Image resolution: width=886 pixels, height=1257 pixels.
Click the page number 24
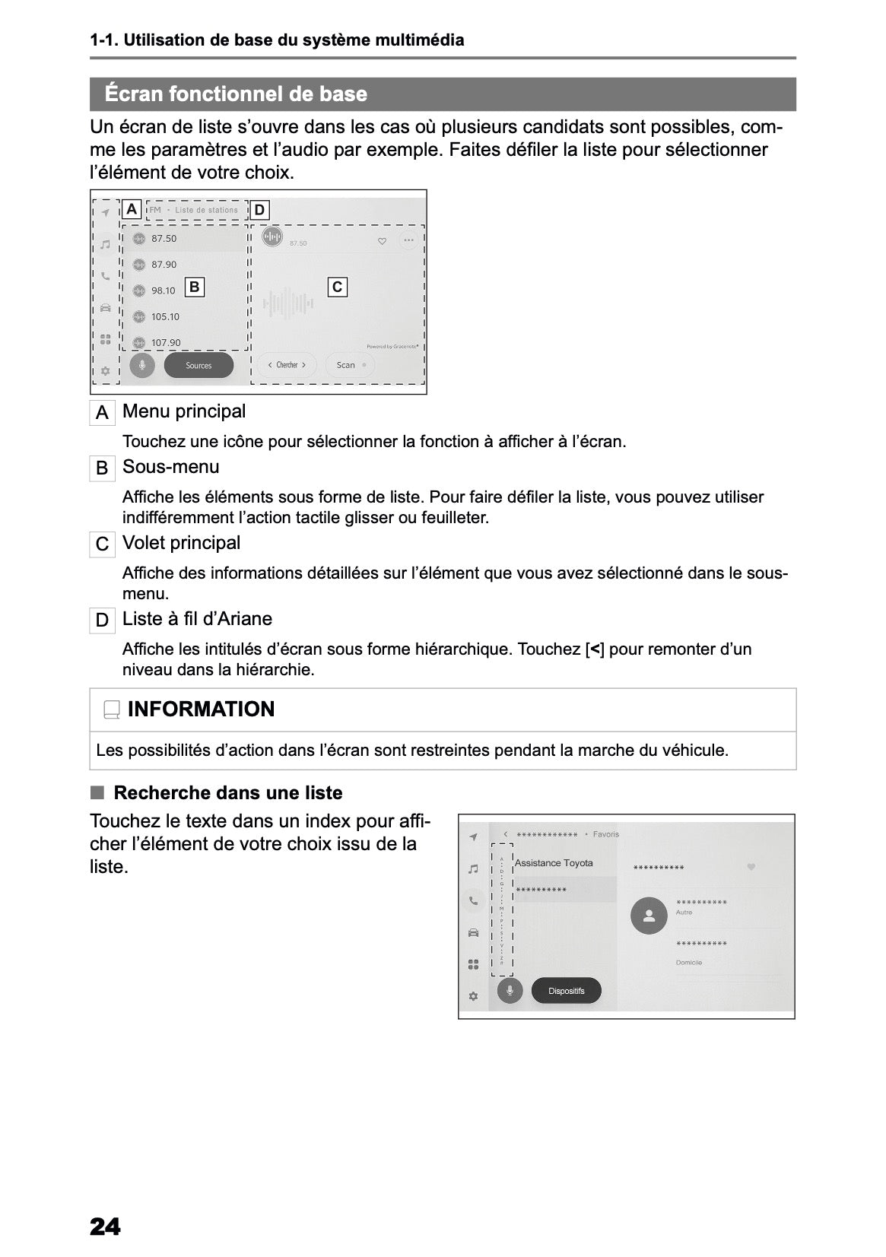coord(105,1227)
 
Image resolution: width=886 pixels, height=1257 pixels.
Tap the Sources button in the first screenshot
coord(198,366)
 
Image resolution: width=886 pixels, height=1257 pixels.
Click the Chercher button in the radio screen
coord(286,365)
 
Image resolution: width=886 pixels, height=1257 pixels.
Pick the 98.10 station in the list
coord(163,290)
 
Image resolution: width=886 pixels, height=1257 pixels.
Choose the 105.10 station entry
coord(165,316)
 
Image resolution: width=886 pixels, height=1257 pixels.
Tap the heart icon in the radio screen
coord(382,241)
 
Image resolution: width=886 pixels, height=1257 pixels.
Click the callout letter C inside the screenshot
coord(337,287)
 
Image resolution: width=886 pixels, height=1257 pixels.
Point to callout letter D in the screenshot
coord(259,210)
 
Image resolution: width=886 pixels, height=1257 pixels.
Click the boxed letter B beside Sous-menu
coord(102,468)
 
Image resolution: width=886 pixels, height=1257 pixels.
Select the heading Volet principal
coord(181,543)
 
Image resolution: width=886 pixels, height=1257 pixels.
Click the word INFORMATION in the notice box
coord(201,709)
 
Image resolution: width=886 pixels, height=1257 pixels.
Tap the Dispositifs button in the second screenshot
coord(566,991)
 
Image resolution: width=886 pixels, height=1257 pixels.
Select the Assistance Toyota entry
coord(554,863)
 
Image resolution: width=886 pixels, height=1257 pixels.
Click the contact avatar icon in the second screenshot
coord(649,916)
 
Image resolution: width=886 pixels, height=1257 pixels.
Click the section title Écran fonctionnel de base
coord(236,94)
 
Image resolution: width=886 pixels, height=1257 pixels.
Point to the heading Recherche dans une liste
coord(227,792)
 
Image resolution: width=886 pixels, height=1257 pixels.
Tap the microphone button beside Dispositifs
coord(510,990)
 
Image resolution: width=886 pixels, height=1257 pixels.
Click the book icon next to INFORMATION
coord(112,709)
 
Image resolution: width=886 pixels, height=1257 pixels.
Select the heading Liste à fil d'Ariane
coord(197,619)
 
